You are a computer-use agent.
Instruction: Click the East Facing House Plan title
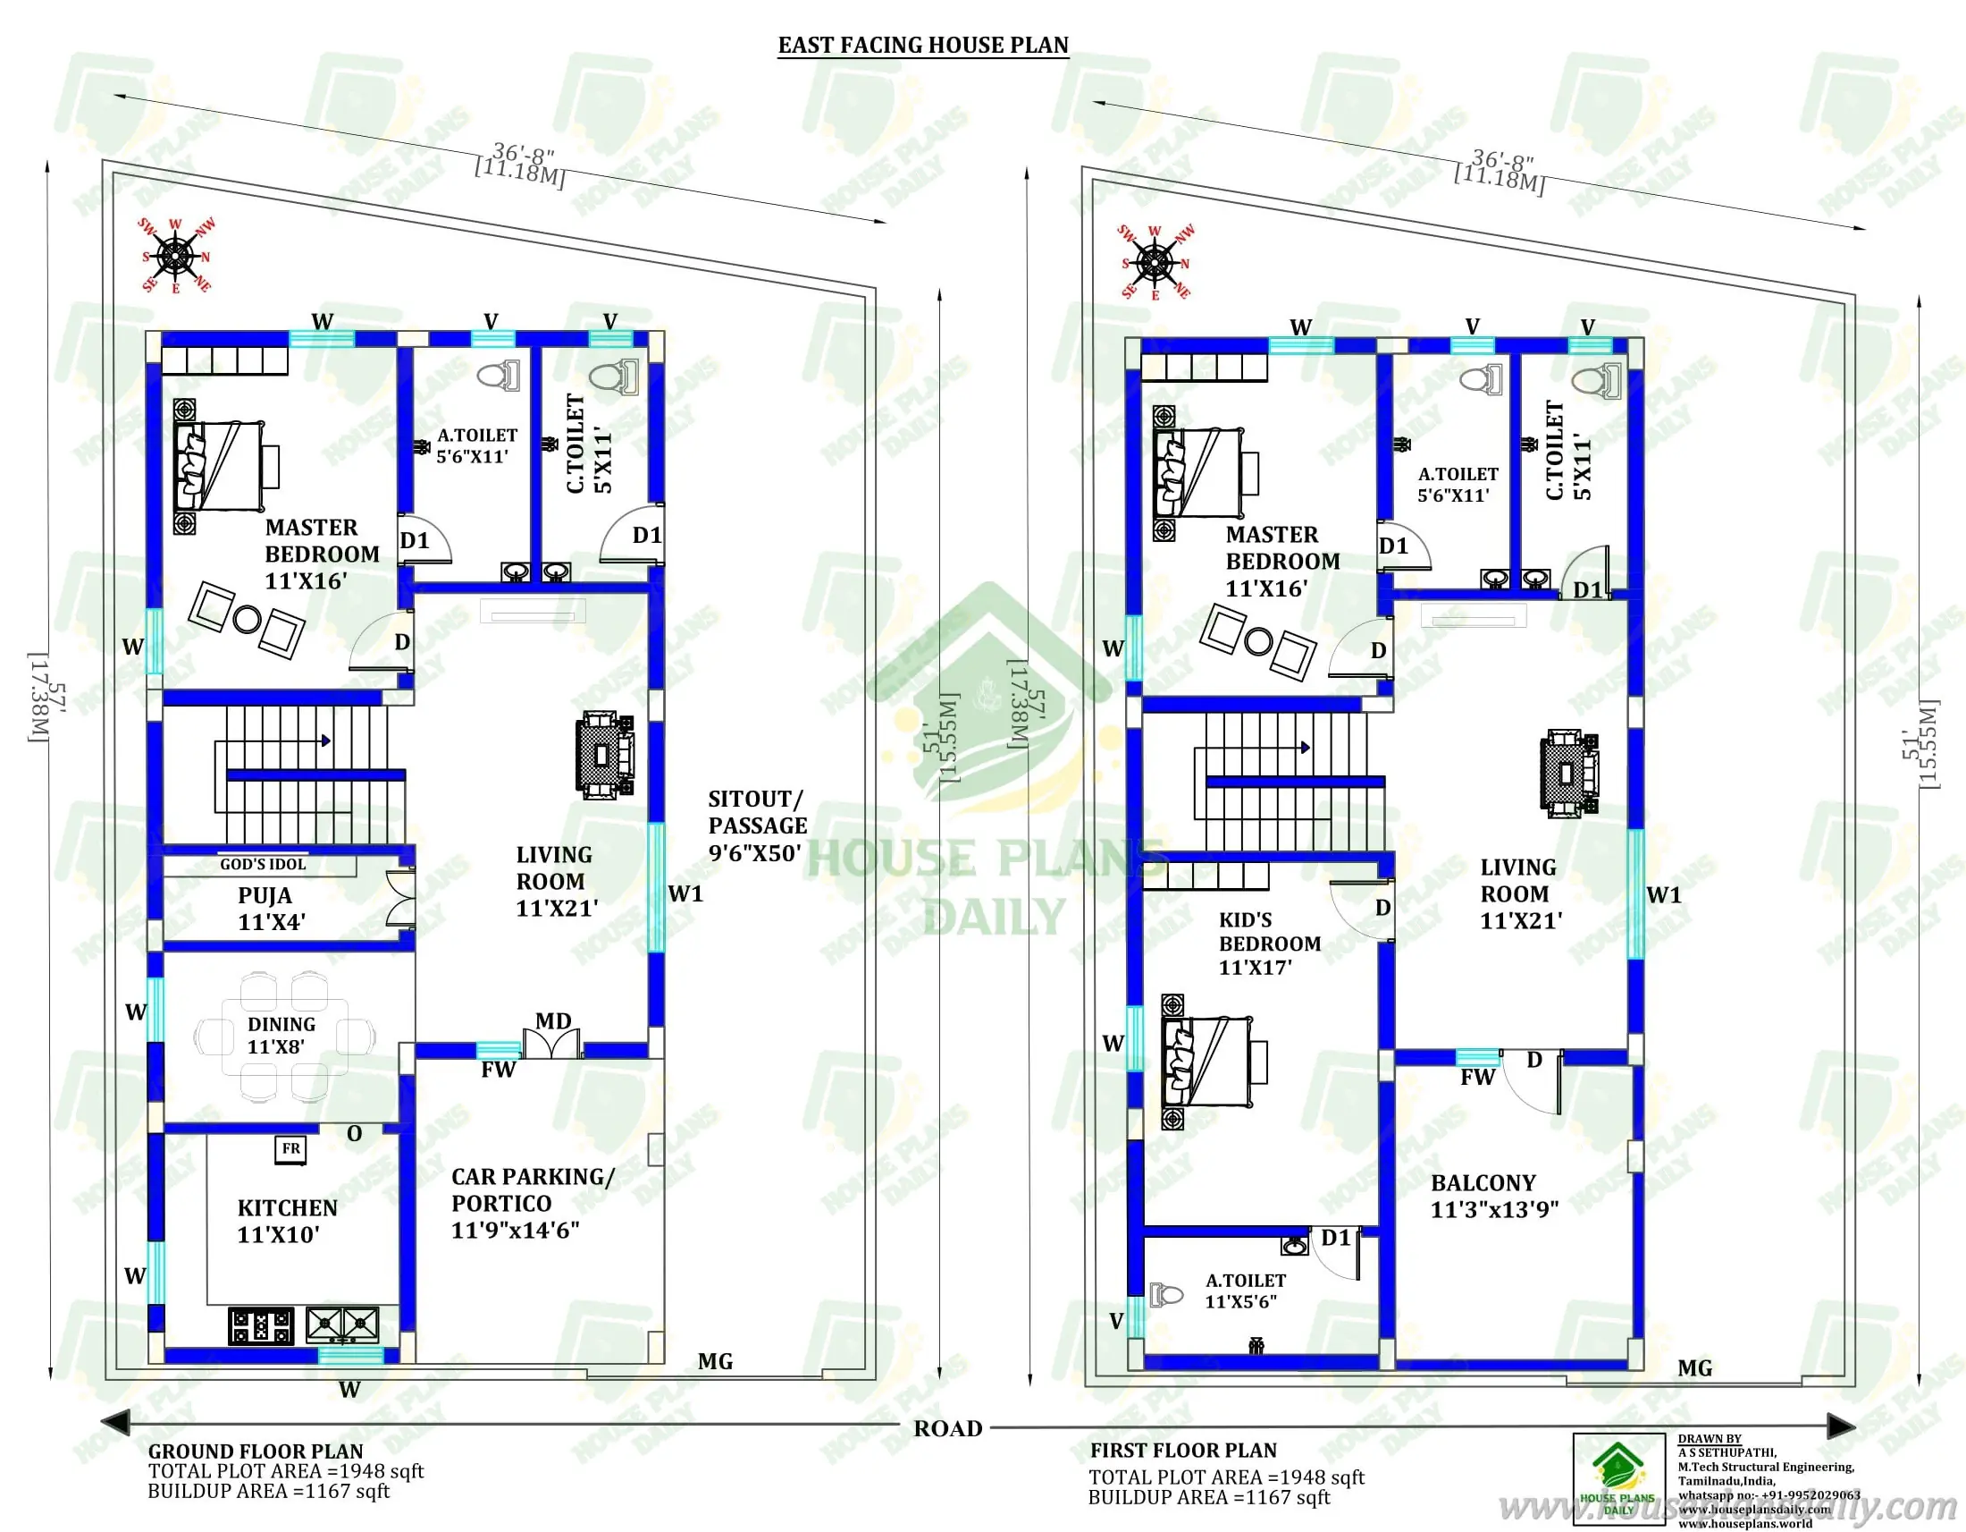(x=923, y=45)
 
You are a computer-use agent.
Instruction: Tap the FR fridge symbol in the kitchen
(x=290, y=1149)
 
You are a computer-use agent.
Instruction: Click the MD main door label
(x=552, y=1021)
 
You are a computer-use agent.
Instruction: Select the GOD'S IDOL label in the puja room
(x=263, y=865)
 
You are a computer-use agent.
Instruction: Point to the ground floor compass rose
(x=175, y=257)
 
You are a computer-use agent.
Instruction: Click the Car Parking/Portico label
(x=531, y=1203)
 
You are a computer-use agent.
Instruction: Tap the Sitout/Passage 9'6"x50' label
(x=756, y=825)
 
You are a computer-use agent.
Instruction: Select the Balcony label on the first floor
(x=1494, y=1196)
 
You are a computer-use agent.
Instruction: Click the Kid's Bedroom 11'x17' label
(x=1269, y=944)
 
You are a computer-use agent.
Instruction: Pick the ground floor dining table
(x=284, y=1037)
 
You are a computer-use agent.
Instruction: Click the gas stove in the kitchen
(x=261, y=1325)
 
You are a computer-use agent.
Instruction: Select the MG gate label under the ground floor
(x=715, y=1362)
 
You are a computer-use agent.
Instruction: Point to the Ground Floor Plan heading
(x=255, y=1452)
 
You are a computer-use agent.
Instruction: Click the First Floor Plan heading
(x=1183, y=1451)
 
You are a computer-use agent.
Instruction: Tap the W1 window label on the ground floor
(x=685, y=894)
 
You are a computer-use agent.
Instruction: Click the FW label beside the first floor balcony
(x=1477, y=1077)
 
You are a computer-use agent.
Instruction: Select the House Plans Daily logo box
(x=1618, y=1480)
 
